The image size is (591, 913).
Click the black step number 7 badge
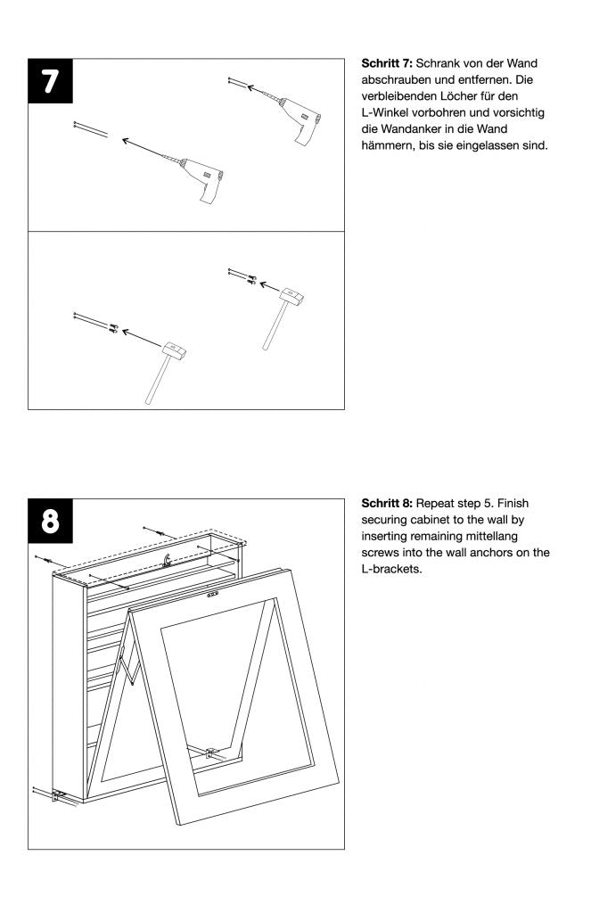52,82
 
